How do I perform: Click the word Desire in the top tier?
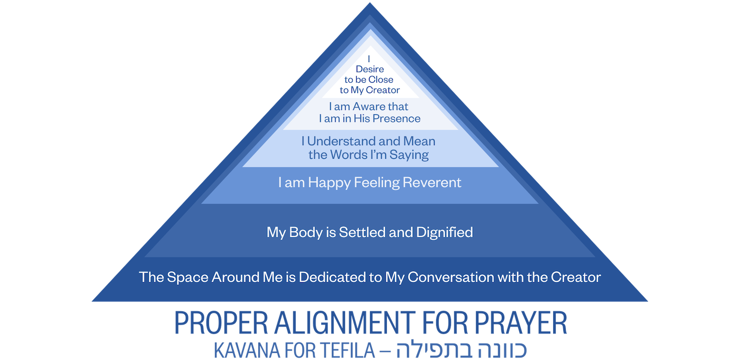click(x=370, y=69)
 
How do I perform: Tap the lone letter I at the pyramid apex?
click(x=369, y=58)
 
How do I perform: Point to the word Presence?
click(x=396, y=119)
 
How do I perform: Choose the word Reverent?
click(x=432, y=183)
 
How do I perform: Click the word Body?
click(x=306, y=232)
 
